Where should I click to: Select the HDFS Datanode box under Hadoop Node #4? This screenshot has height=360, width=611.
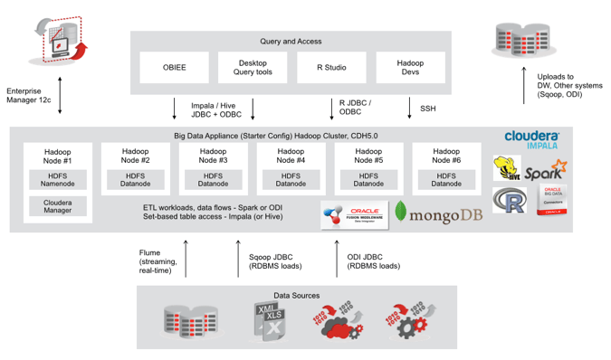point(290,180)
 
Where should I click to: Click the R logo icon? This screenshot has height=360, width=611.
point(510,201)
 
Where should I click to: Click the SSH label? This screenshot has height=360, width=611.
point(427,108)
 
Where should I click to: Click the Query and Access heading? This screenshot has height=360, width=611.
point(290,41)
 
